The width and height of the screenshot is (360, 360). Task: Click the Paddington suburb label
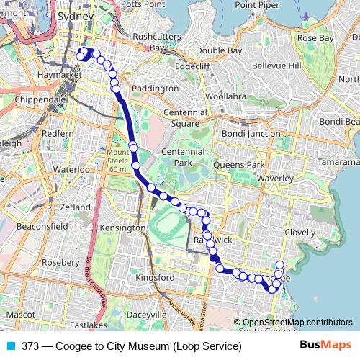156,88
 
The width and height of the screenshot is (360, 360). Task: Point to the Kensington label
122,228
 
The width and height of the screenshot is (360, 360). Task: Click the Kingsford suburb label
156,277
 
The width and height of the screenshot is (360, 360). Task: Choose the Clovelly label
300,233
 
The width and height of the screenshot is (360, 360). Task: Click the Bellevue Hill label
275,66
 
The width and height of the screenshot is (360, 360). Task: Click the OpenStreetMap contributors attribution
297,323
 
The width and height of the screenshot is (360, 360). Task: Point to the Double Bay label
218,51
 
